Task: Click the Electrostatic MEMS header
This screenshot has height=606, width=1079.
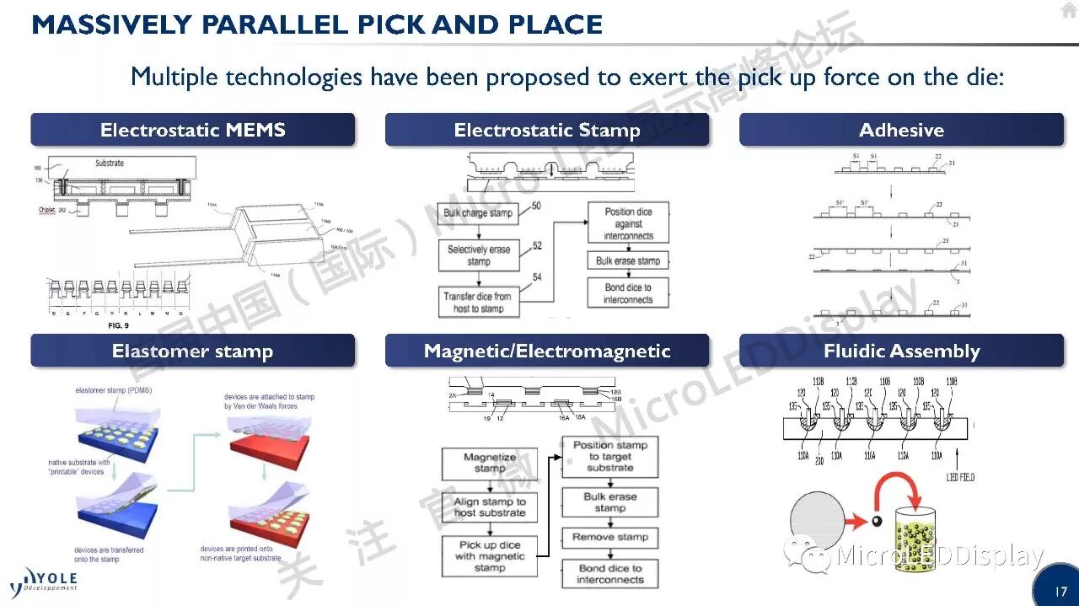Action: pos(193,130)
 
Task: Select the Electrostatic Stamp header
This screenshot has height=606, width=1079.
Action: pos(547,130)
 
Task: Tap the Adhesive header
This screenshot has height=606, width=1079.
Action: pos(901,130)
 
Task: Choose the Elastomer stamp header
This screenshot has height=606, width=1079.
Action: pos(193,351)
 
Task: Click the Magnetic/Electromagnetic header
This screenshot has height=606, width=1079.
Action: pos(547,351)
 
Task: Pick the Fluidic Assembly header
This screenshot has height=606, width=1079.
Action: pos(901,351)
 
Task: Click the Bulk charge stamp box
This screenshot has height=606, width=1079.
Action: pos(478,212)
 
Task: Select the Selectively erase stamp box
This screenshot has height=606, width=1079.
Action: pos(478,255)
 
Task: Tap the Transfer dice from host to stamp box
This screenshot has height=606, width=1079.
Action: pos(478,302)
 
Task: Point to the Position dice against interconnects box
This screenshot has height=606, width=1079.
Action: pos(628,223)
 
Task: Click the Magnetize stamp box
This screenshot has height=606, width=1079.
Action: pos(489,463)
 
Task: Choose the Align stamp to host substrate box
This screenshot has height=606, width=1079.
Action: pos(489,507)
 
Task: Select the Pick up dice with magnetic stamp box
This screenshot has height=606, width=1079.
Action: pos(489,556)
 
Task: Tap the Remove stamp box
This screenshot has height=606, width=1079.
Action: pos(609,537)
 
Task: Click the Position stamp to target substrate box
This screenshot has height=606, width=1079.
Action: pos(609,456)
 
